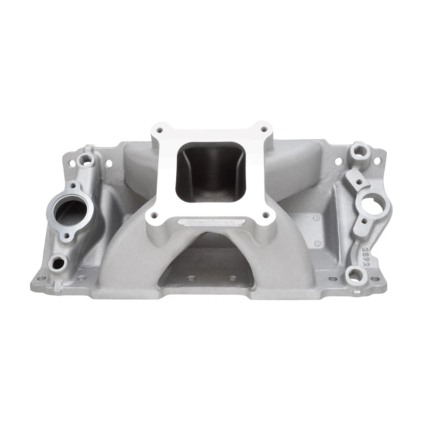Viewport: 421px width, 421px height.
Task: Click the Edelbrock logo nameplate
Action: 215,222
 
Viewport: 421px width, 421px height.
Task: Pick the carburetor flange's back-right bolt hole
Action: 264,129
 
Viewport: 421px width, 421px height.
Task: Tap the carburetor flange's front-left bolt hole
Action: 154,215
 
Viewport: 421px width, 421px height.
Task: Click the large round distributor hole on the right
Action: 373,207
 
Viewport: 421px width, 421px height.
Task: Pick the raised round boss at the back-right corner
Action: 360,150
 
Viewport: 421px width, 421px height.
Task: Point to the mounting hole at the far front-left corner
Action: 41,278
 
